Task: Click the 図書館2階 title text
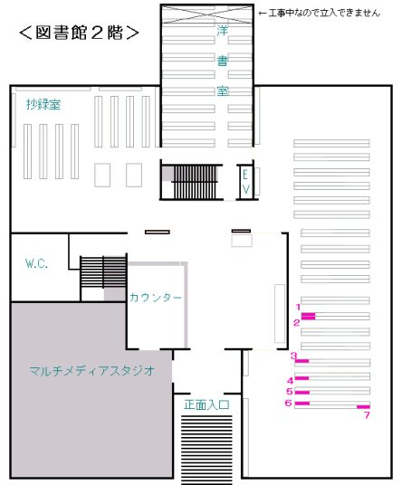pyautogui.click(x=79, y=33)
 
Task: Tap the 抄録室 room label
pyautogui.click(x=43, y=105)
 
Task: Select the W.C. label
pyautogui.click(x=36, y=263)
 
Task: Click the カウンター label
pyautogui.click(x=156, y=298)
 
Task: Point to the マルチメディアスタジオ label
pyautogui.click(x=92, y=370)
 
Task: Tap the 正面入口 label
pyautogui.click(x=206, y=404)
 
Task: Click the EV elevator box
pyautogui.click(x=245, y=182)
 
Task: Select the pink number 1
pyautogui.click(x=298, y=307)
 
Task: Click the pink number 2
pyautogui.click(x=297, y=323)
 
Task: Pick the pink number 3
pyautogui.click(x=293, y=356)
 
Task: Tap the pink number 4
pyautogui.click(x=291, y=380)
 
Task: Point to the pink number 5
pyautogui.click(x=290, y=392)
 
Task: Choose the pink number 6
pyautogui.click(x=289, y=403)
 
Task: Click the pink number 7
pyautogui.click(x=367, y=414)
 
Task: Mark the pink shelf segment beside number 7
pyautogui.click(x=363, y=407)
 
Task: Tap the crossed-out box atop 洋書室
pyautogui.click(x=207, y=14)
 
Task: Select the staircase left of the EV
pyautogui.click(x=194, y=182)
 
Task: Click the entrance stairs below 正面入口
pyautogui.click(x=206, y=450)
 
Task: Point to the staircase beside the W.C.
pyautogui.click(x=103, y=271)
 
